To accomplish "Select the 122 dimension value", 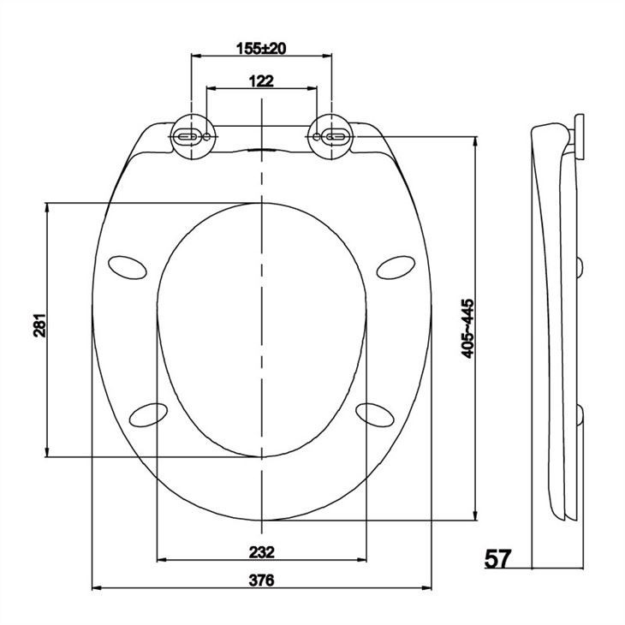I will tap(261, 81).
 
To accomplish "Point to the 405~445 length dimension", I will tap(467, 329).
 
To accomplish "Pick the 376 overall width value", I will tap(262, 580).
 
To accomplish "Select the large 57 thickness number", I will tap(497, 558).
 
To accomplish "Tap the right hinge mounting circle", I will tap(330, 137).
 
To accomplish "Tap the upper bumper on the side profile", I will tap(583, 267).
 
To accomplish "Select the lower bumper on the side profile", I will tap(583, 417).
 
